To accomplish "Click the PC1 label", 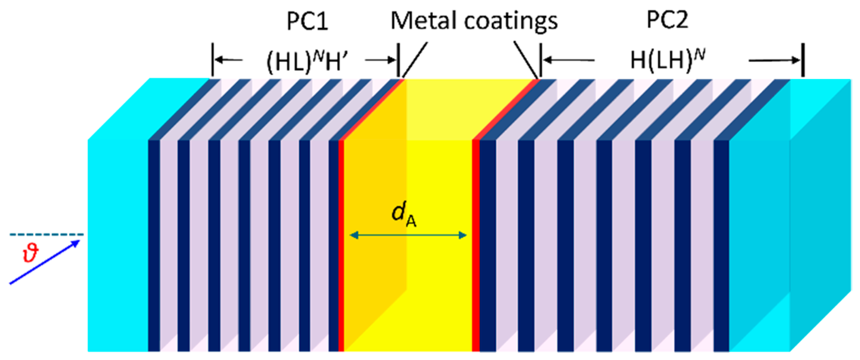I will [x=307, y=21].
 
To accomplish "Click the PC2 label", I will [x=667, y=19].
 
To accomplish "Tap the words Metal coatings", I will [x=474, y=21].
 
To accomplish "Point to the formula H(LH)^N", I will [x=668, y=60].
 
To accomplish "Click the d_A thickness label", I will [x=404, y=214].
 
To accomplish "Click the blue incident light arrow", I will [x=45, y=262].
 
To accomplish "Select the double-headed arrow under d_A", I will [x=408, y=235].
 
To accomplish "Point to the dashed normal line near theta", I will [x=47, y=234].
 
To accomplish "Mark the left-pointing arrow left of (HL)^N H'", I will [x=228, y=60].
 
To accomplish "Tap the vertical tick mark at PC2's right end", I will [x=803, y=60].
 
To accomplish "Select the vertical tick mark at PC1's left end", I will [x=212, y=60].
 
